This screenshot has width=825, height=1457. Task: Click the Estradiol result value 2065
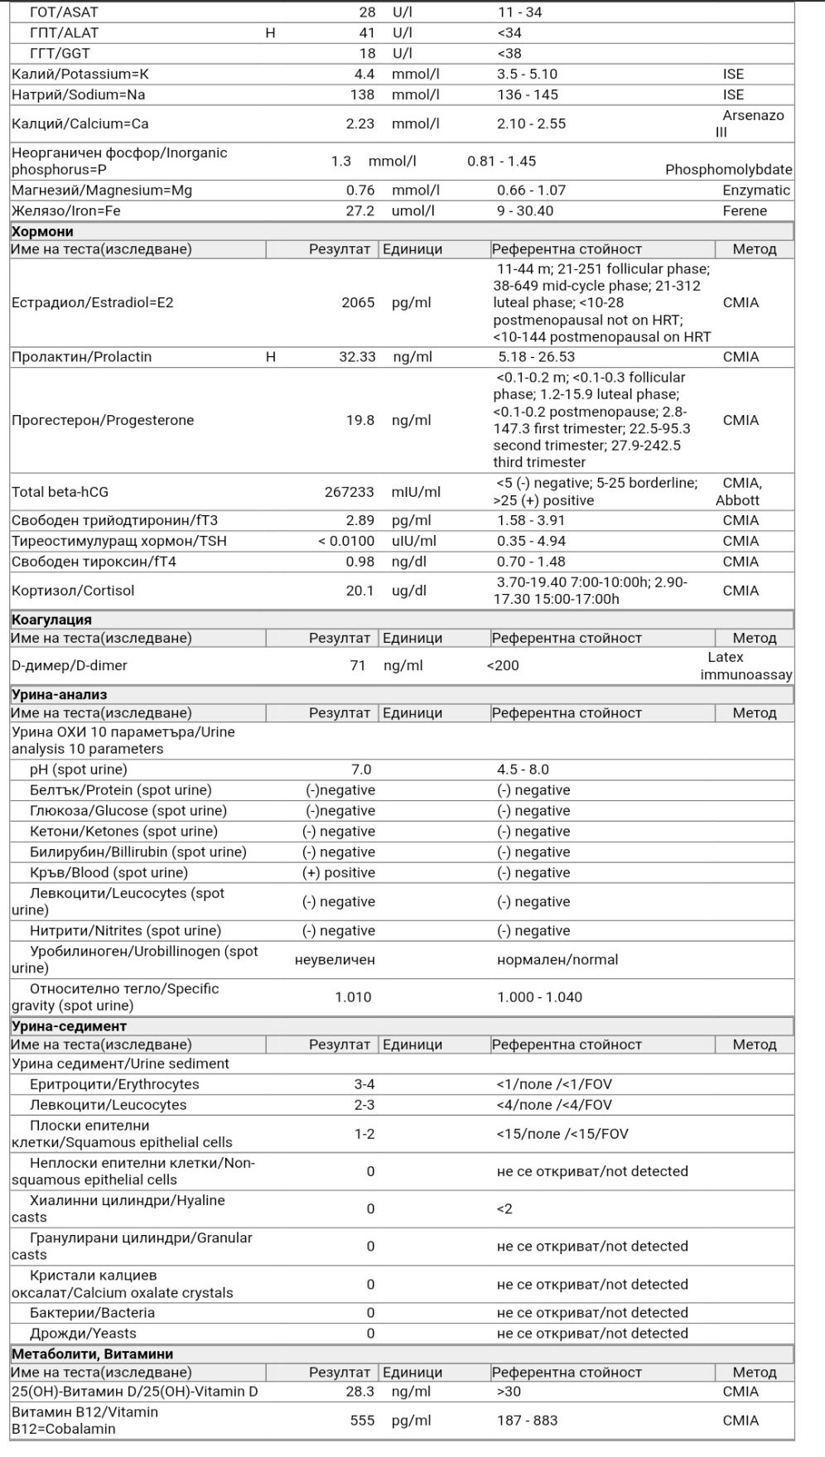coord(358,302)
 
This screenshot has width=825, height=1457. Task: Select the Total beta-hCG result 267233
coord(349,492)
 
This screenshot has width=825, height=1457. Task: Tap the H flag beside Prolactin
coord(270,357)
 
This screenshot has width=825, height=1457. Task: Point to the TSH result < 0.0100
coord(346,541)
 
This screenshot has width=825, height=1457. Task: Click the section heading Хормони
coord(42,232)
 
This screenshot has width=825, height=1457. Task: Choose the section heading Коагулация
coord(51,620)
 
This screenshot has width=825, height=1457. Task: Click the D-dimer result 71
coord(357,665)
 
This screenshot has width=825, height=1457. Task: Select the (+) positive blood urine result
coord(338,872)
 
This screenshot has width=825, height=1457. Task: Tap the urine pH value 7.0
coord(361,770)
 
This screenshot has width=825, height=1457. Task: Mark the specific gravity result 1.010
coord(353,996)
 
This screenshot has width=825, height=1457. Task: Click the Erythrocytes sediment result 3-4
coord(364,1084)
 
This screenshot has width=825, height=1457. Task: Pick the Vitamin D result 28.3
coord(360,1392)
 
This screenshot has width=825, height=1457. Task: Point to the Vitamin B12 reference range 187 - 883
coord(527,1421)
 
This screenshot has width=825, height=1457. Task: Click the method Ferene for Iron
coord(745,210)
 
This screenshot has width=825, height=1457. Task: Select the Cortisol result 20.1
coord(359,591)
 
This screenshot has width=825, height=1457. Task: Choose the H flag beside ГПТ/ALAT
coord(270,33)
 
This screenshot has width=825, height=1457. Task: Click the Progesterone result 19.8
coord(359,420)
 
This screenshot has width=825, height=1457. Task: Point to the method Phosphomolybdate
coord(728,170)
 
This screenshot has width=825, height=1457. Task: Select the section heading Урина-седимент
coord(69,1026)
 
